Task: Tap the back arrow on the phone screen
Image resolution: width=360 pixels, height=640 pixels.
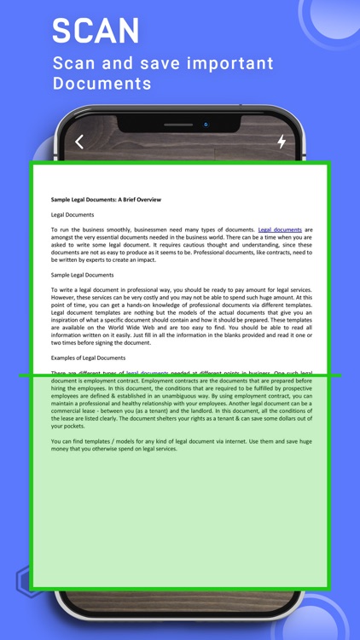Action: [79, 142]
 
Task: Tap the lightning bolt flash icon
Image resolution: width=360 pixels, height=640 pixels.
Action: [282, 142]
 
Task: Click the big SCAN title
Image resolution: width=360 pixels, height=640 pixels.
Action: [96, 31]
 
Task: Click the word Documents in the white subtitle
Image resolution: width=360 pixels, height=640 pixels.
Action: [102, 84]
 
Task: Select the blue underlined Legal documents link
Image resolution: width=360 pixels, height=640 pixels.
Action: [280, 230]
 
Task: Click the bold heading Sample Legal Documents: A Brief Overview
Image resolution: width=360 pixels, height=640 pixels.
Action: [106, 200]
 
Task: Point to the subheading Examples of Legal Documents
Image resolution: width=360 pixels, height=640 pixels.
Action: [88, 358]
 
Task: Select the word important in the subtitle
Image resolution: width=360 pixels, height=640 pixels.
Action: [221, 64]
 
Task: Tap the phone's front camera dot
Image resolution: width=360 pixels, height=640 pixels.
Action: [206, 125]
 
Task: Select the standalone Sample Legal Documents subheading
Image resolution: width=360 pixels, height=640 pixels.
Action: [82, 275]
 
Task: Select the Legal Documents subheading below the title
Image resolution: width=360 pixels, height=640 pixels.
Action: [73, 215]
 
